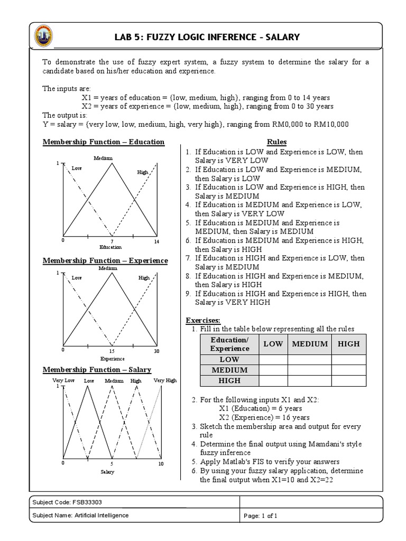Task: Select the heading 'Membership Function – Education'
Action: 103,142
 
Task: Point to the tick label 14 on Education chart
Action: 156,241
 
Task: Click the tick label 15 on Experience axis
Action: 111,351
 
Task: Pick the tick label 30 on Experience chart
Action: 156,351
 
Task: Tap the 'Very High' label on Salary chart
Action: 165,380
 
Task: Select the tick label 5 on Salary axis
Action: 112,463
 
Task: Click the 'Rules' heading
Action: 276,142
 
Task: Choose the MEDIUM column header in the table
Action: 310,344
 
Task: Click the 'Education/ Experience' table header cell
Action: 229,344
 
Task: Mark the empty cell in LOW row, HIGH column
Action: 349,359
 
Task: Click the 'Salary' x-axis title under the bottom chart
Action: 108,472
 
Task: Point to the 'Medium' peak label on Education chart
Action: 103,158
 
